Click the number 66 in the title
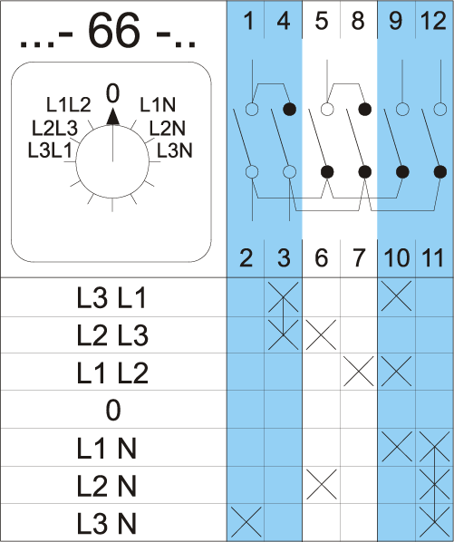[x=114, y=31]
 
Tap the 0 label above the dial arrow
[x=112, y=93]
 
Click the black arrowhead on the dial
[x=113, y=117]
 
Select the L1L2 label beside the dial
[x=68, y=104]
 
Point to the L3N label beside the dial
[x=175, y=150]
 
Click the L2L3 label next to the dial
[x=54, y=128]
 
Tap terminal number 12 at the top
[x=433, y=21]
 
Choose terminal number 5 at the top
[x=322, y=21]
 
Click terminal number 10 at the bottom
[x=396, y=258]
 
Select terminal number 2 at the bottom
[x=246, y=258]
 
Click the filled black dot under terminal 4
[x=290, y=110]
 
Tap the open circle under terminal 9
[x=402, y=110]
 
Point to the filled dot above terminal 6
[x=327, y=171]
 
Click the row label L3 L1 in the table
[x=111, y=298]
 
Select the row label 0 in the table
[x=113, y=410]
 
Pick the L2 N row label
[x=106, y=486]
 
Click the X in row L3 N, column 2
[x=246, y=522]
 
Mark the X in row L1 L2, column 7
[x=359, y=372]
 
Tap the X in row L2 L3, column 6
[x=321, y=334]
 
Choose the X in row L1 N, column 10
[x=397, y=446]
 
